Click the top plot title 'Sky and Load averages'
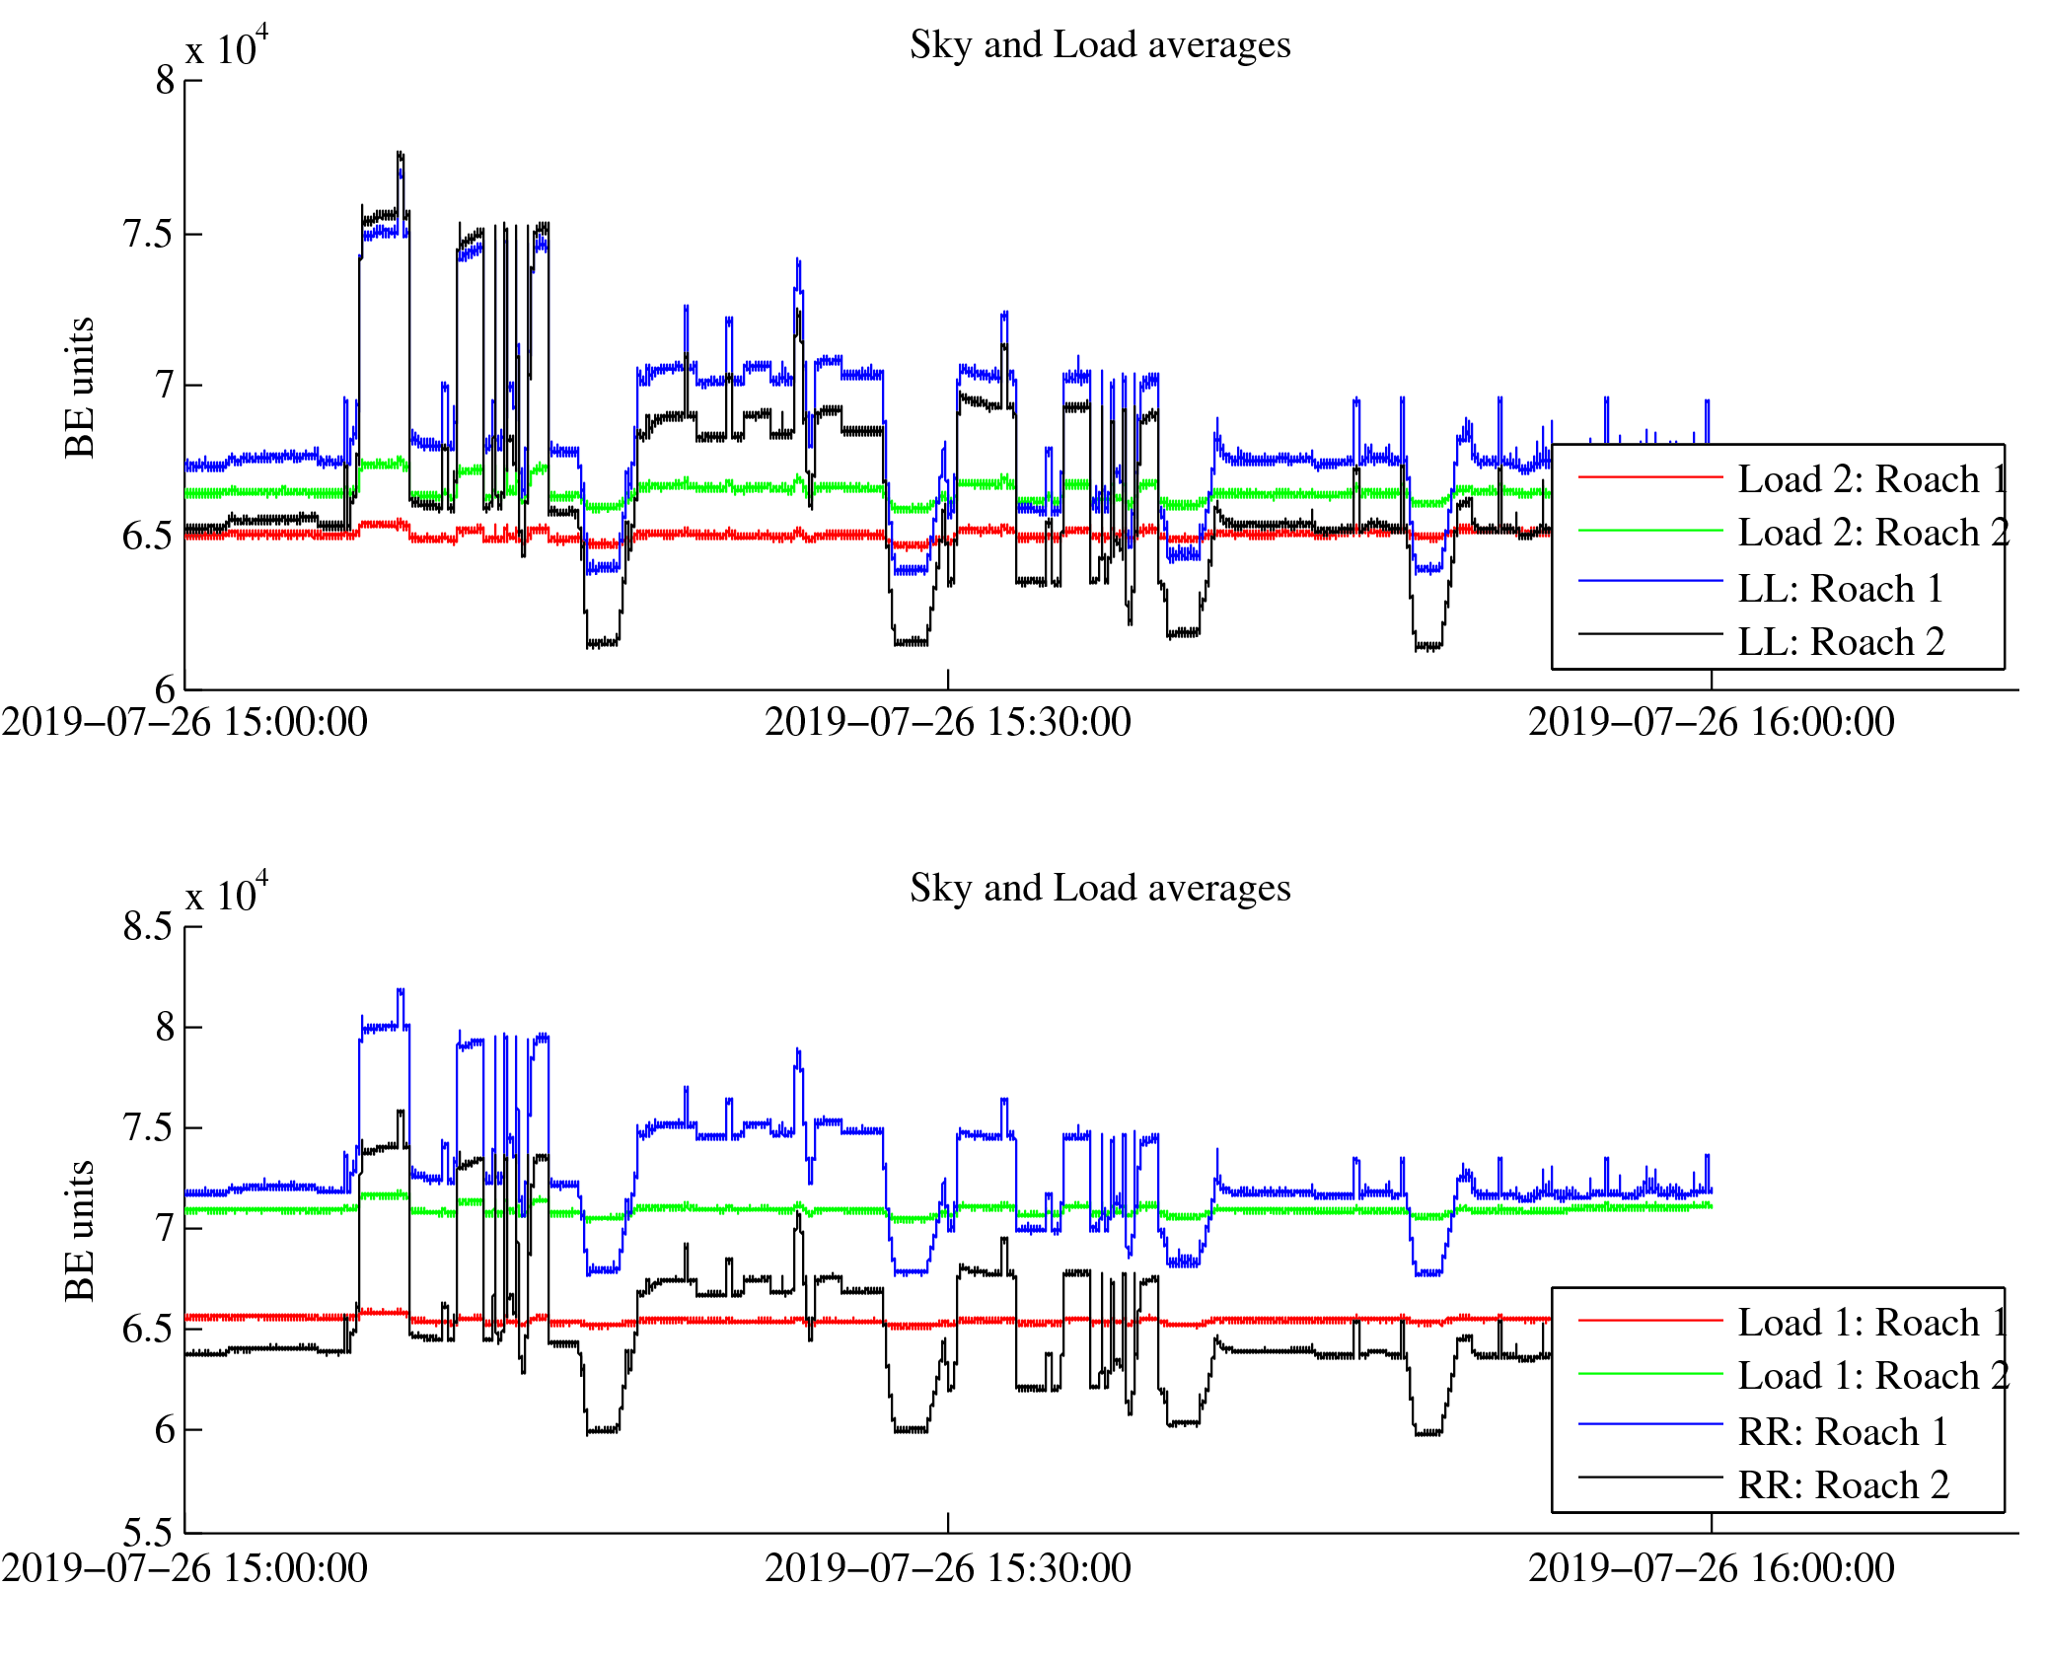1099,45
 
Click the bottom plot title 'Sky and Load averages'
1099,889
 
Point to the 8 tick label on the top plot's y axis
165,81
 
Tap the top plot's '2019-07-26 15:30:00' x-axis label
947,723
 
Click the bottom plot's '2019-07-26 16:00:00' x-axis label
1711,1568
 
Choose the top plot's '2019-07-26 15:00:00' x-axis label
184,723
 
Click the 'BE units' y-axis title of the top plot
80,388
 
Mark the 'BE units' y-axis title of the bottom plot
80,1231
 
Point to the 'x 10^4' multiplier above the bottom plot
227,895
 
